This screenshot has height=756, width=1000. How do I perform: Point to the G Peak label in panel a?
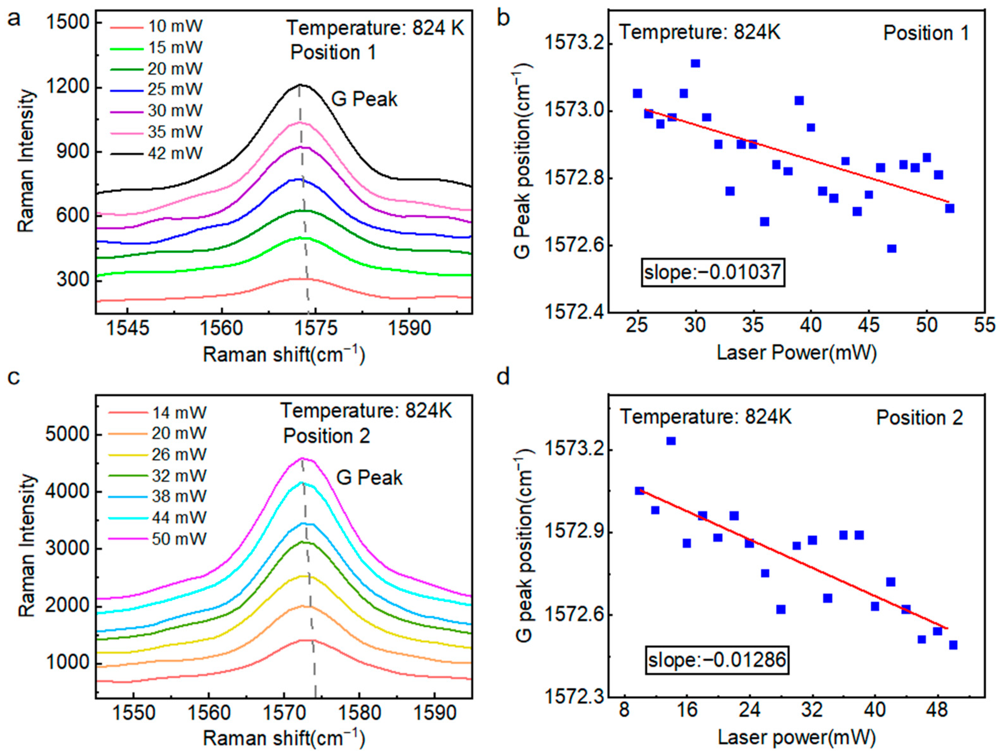click(364, 99)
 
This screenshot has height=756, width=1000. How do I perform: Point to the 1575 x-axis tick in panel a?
click(315, 329)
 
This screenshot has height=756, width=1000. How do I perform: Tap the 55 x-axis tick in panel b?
click(985, 325)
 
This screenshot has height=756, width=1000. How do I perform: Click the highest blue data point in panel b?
click(695, 63)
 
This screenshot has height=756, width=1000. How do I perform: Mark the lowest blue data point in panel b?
click(891, 249)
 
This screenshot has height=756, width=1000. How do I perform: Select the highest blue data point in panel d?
click(671, 441)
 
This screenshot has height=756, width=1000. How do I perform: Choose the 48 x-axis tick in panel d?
click(937, 710)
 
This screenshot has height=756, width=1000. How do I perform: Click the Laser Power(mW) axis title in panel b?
click(797, 353)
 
